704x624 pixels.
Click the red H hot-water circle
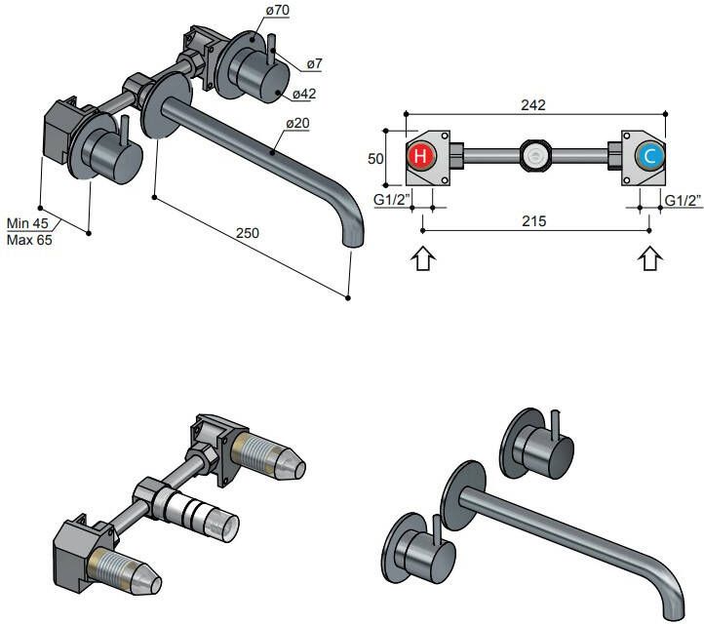[420, 156]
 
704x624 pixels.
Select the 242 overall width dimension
[532, 104]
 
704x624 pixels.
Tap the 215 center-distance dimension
[532, 221]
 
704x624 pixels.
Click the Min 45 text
[26, 221]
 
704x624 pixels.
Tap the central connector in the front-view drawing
[532, 156]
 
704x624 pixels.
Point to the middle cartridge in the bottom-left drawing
[200, 511]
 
